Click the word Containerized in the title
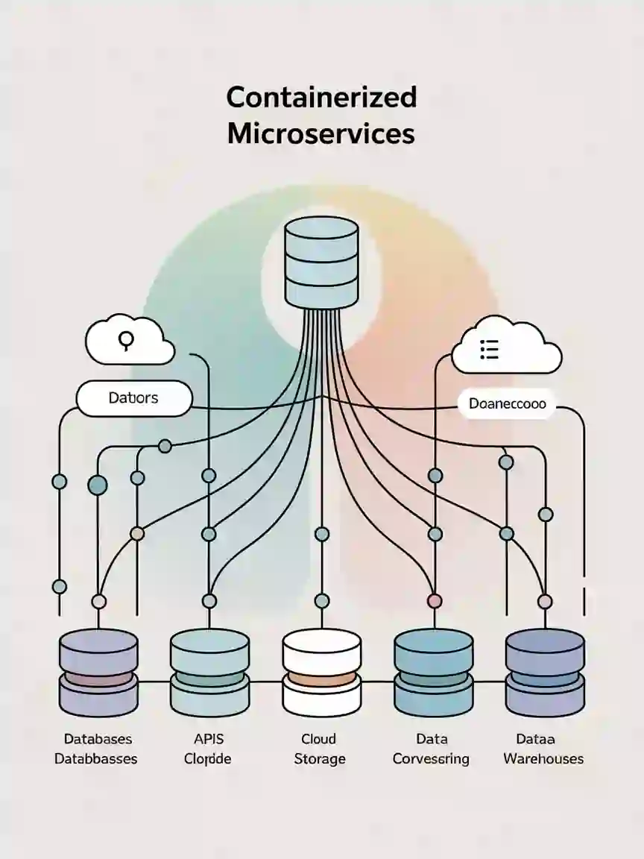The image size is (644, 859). click(x=321, y=98)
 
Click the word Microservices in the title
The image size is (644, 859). click(x=321, y=133)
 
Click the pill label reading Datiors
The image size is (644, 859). click(x=133, y=398)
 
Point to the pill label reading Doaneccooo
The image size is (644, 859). click(x=507, y=403)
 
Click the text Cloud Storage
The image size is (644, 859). click(x=319, y=749)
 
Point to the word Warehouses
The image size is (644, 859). click(x=543, y=759)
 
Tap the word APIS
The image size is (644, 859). click(x=208, y=739)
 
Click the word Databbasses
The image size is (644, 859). click(x=96, y=759)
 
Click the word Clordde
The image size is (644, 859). click(x=208, y=759)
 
